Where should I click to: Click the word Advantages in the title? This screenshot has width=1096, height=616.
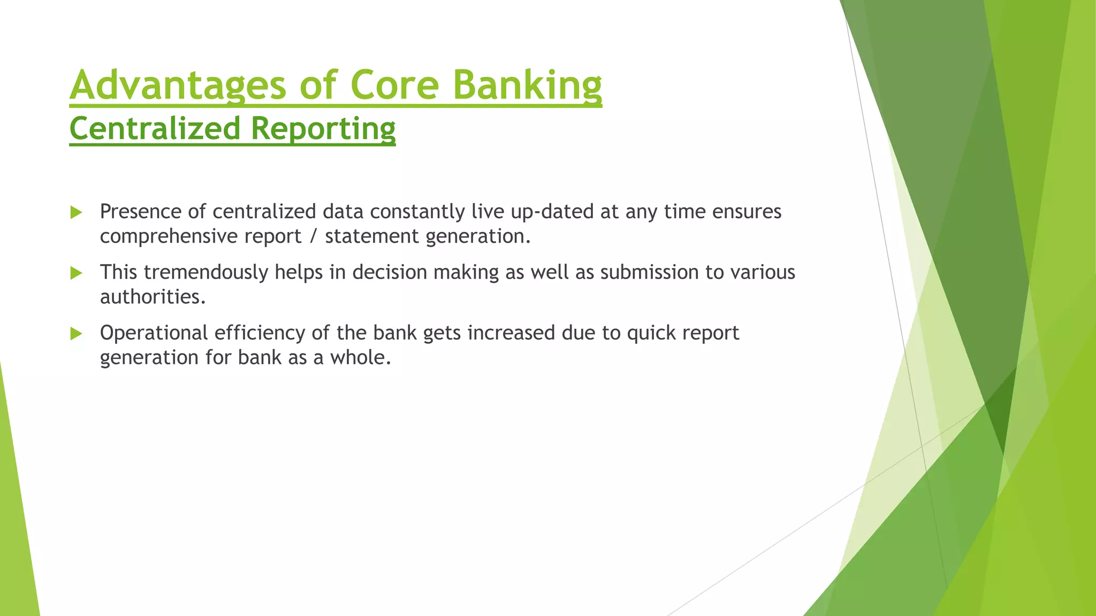tap(178, 85)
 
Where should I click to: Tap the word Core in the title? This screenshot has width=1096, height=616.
tap(394, 85)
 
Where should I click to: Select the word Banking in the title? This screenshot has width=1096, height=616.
tap(527, 85)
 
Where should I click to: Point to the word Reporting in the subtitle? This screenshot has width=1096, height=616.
tap(323, 129)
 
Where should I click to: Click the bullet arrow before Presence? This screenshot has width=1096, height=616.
tap(76, 213)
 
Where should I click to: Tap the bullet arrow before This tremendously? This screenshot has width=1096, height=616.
tap(76, 273)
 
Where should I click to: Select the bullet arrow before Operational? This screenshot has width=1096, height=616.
tap(76, 334)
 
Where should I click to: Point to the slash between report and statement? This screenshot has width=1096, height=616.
tap(313, 236)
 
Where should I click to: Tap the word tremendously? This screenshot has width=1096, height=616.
tap(206, 272)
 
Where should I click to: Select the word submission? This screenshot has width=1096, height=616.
tap(649, 272)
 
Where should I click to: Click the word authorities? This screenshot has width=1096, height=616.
tap(153, 297)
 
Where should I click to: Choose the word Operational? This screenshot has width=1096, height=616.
tap(154, 333)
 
